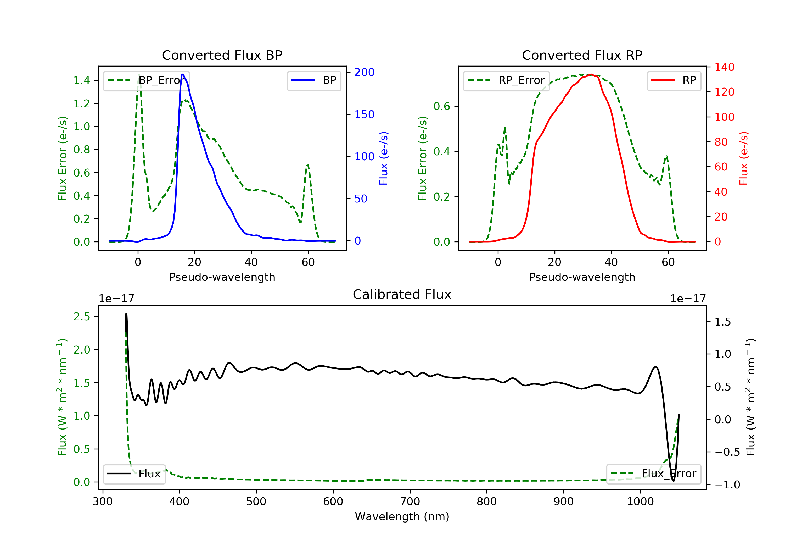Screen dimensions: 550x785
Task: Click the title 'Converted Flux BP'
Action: [222, 55]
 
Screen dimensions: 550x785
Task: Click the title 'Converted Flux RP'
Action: [582, 55]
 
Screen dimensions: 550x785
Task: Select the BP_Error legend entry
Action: [146, 80]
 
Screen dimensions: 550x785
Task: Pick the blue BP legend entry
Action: [314, 80]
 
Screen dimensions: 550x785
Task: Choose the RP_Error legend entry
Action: [506, 80]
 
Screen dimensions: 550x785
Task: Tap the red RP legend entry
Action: [674, 80]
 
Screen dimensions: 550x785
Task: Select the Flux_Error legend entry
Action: [653, 474]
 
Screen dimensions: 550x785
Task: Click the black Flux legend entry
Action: [134, 474]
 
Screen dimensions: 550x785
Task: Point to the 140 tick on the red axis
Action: [724, 67]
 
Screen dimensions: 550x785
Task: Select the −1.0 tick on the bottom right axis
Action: [727, 485]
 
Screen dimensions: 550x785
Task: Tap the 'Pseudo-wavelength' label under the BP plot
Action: [222, 277]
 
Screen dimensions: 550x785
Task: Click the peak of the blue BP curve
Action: [183, 74]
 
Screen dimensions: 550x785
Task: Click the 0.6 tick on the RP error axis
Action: [442, 106]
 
